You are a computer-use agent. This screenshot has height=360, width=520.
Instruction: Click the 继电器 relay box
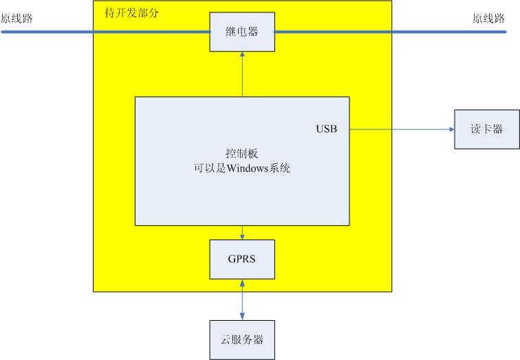point(242,32)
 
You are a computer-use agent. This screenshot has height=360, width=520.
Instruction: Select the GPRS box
point(242,259)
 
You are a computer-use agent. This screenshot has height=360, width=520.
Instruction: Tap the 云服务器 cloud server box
point(242,340)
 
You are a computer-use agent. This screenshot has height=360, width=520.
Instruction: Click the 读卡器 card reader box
point(487,129)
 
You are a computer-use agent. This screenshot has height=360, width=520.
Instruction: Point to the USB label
point(327,129)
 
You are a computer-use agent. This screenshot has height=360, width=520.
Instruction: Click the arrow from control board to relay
point(242,76)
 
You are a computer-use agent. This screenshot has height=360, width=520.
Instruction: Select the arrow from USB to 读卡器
point(399,129)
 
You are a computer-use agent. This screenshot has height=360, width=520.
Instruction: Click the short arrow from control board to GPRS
point(242,233)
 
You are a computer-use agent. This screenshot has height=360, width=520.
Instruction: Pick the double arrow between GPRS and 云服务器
point(242,299)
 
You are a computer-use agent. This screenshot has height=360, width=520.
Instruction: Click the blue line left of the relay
point(103,32)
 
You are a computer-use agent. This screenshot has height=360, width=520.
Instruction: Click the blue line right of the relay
point(385,32)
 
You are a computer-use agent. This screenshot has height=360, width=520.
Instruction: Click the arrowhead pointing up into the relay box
point(242,56)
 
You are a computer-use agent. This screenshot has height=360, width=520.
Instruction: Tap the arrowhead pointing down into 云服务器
point(242,317)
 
